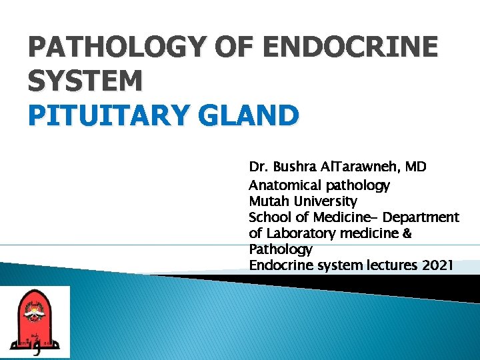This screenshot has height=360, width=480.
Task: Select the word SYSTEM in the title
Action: point(85,81)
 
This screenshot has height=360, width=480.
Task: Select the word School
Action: point(269,217)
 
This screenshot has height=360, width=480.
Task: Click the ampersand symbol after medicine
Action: point(406,233)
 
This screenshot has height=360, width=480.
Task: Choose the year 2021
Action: point(437,265)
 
